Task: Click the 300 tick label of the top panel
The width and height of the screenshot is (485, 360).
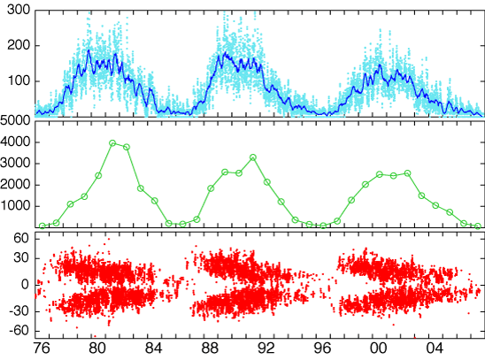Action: click(19, 10)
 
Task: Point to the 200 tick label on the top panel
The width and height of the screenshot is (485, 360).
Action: click(19, 45)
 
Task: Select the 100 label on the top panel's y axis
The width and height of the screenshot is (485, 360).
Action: click(19, 81)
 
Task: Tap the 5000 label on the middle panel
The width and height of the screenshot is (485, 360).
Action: click(15, 120)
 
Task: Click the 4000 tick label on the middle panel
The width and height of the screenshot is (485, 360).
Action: click(15, 142)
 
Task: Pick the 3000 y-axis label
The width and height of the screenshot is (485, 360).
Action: click(15, 164)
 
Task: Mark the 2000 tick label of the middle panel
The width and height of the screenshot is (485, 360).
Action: click(15, 185)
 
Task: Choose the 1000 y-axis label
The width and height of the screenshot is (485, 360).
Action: click(15, 206)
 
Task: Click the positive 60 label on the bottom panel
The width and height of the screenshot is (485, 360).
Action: click(21, 238)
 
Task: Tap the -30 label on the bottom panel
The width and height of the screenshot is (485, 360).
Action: click(19, 310)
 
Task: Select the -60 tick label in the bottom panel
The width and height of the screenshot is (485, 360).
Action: click(19, 331)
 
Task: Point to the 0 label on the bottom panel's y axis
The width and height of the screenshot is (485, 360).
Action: click(25, 284)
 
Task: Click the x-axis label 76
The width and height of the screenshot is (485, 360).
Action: click(42, 349)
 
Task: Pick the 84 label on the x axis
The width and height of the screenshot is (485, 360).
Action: click(154, 349)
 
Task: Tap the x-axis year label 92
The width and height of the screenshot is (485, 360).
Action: click(266, 349)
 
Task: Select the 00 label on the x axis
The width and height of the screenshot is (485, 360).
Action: click(379, 349)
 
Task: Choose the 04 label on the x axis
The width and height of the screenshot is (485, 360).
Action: click(435, 349)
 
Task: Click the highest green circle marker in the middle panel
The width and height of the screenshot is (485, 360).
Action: click(112, 142)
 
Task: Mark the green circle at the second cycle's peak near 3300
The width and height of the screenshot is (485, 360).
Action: click(253, 157)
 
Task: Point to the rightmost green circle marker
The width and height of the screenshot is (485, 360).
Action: click(478, 226)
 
